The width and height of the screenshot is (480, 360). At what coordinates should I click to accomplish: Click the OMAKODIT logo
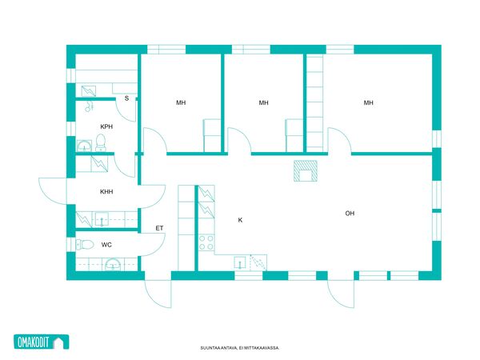(x=42, y=342)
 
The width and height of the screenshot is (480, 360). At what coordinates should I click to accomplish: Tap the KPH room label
(x=106, y=126)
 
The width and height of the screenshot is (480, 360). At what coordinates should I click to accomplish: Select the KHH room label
(x=106, y=192)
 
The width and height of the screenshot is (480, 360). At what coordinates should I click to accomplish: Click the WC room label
(x=106, y=245)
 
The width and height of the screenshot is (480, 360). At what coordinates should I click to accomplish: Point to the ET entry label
(x=159, y=228)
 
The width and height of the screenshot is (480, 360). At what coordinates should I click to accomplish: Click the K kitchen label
(x=240, y=220)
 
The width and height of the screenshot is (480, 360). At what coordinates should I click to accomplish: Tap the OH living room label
(x=350, y=214)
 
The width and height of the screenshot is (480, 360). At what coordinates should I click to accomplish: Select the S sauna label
(x=126, y=98)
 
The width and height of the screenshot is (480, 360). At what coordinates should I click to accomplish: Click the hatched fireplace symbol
(x=306, y=171)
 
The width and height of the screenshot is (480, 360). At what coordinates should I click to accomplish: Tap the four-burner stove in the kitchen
(x=206, y=242)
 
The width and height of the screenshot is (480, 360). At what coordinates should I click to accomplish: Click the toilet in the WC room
(x=85, y=244)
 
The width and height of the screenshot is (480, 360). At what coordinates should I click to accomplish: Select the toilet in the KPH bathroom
(x=101, y=143)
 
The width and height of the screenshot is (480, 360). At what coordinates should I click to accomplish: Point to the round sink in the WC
(x=113, y=265)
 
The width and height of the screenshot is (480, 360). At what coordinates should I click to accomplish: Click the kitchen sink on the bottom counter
(x=240, y=262)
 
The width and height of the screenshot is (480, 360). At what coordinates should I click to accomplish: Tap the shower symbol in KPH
(x=89, y=106)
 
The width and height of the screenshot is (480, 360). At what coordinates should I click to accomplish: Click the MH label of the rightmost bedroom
(x=369, y=103)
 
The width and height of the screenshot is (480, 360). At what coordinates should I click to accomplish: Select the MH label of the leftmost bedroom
(x=181, y=102)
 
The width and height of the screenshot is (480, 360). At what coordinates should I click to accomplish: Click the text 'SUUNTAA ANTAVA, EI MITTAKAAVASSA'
(x=240, y=348)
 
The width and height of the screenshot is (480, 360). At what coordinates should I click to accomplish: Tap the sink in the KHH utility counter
(x=102, y=219)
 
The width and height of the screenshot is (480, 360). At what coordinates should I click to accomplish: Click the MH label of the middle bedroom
(x=263, y=102)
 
